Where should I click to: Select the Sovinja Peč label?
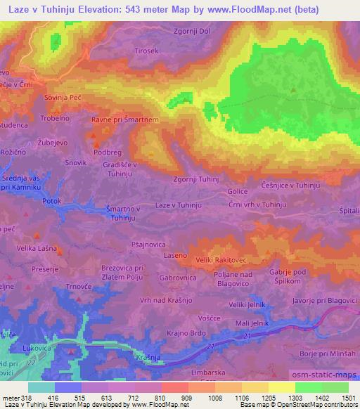[x=62, y=98]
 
